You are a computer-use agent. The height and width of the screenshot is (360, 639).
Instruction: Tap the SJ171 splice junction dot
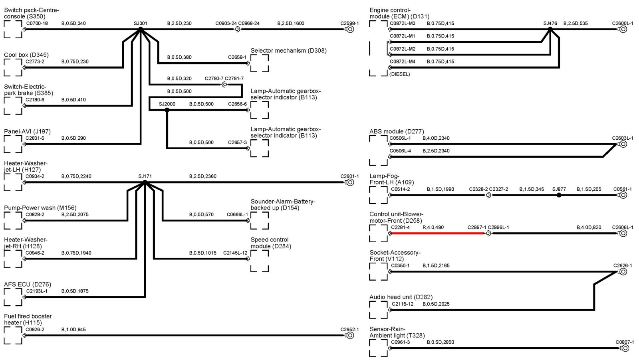click(x=145, y=182)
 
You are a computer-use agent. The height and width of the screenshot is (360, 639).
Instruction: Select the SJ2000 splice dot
click(x=167, y=110)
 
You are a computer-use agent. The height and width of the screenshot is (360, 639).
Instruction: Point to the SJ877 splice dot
click(x=559, y=195)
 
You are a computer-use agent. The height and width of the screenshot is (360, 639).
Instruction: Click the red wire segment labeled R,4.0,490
click(x=437, y=233)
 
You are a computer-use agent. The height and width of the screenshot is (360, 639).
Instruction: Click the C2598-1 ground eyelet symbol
click(x=350, y=30)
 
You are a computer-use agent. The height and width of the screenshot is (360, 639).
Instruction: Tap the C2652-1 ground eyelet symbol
click(x=350, y=336)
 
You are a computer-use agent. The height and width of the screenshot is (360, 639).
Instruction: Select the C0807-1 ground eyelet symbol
click(x=625, y=348)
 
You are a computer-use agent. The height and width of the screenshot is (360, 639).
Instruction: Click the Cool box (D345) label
click(x=26, y=55)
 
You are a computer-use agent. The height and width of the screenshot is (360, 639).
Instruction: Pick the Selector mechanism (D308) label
click(x=288, y=51)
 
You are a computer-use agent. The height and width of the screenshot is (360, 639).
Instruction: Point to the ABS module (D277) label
click(x=397, y=131)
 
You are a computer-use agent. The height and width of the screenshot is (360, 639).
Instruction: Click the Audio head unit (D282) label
click(x=401, y=297)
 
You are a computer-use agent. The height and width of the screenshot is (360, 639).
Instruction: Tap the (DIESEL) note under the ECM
click(x=399, y=74)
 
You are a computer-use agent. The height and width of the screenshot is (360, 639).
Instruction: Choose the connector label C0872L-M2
click(x=403, y=49)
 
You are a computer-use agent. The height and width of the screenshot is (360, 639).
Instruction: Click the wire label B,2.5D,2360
click(x=203, y=176)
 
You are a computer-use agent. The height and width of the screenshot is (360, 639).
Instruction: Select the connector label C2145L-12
click(x=235, y=253)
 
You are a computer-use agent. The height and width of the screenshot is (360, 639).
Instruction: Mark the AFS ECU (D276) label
click(x=28, y=284)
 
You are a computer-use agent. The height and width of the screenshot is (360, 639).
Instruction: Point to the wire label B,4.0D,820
click(x=589, y=227)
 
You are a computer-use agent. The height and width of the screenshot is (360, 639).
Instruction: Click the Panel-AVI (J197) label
click(x=27, y=131)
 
